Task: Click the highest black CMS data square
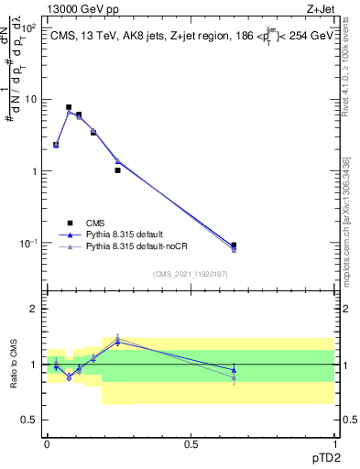point(69,107)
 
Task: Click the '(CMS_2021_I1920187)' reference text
point(191,272)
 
